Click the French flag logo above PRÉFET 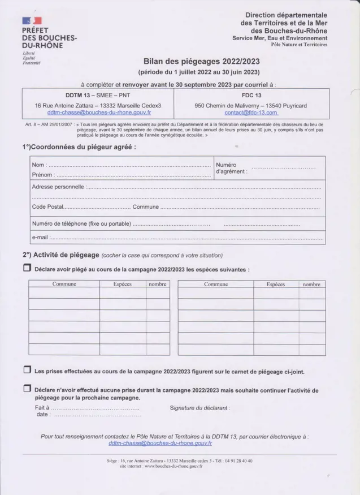pos(32,21)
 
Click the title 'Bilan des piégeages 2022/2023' pos(201,61)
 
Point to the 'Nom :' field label pos(39,165)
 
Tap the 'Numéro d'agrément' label pos(231,168)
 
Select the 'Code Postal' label pos(48,207)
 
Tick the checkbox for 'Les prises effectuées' pos(27,370)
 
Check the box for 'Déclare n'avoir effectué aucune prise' pos(27,389)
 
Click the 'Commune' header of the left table pos(64,284)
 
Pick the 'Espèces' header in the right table pos(275,284)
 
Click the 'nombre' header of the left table pos(158,284)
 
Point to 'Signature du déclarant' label pos(199,407)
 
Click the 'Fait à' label pos(42,407)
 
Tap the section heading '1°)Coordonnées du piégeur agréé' pos(79,147)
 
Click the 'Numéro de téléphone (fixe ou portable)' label pos(82,223)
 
